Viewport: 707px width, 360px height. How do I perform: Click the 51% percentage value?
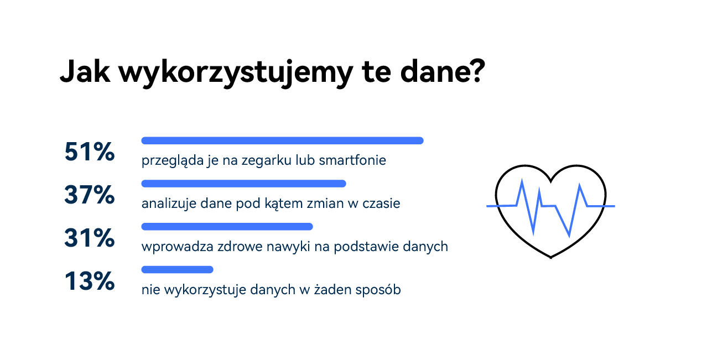(89, 152)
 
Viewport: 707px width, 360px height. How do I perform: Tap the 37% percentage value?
(89, 195)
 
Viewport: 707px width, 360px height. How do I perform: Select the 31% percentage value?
(89, 238)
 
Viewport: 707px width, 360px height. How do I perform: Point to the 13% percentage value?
(89, 281)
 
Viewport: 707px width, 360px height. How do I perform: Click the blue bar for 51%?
(282, 140)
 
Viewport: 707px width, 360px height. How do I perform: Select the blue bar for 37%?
(243, 184)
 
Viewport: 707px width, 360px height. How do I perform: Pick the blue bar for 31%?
(227, 227)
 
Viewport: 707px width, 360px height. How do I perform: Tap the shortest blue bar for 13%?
(177, 270)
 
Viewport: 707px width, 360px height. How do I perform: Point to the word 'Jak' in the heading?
(85, 72)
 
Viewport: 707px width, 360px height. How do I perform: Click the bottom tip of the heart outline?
(550, 257)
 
